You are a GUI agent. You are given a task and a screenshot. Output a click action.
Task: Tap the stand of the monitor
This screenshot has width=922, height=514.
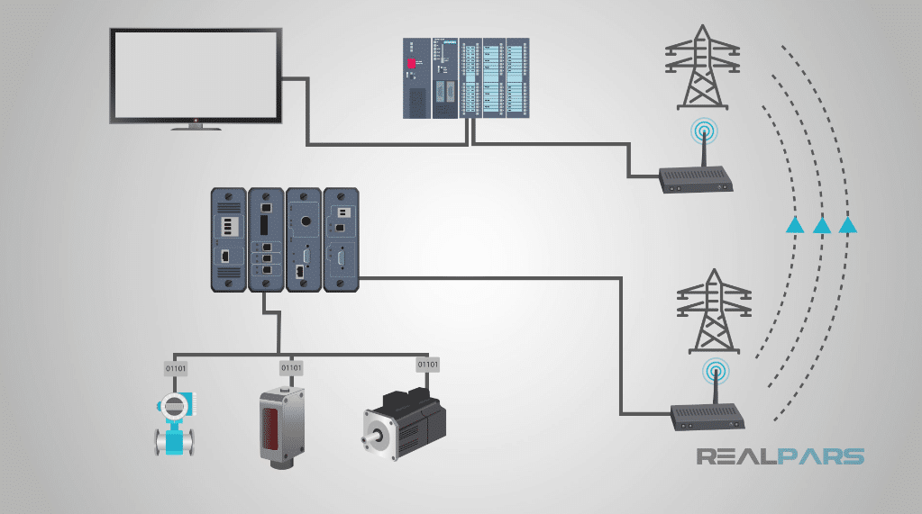click(196, 126)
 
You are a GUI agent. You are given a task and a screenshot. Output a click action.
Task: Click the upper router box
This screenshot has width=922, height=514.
click(697, 180)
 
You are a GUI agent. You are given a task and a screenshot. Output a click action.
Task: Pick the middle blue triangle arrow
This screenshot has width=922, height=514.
click(821, 225)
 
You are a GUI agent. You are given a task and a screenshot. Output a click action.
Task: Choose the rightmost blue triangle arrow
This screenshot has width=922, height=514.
click(847, 225)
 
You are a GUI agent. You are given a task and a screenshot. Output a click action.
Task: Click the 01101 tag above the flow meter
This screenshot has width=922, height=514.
click(175, 367)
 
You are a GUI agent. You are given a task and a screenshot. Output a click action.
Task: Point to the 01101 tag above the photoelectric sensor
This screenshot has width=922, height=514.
click(291, 367)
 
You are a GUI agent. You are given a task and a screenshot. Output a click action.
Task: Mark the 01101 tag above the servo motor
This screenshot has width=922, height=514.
click(427, 365)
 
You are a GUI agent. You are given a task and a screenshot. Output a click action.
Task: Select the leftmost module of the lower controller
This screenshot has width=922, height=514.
click(228, 239)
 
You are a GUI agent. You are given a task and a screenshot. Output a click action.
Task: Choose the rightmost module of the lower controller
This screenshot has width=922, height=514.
click(342, 239)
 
